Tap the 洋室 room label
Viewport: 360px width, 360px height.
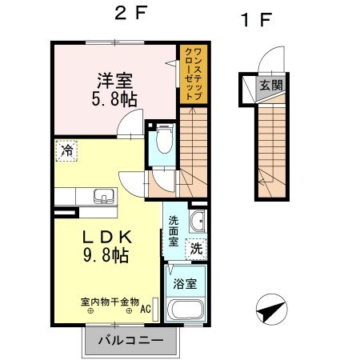[114, 81]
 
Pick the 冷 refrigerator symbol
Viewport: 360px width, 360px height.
[68, 150]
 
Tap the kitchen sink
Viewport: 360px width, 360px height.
[102, 196]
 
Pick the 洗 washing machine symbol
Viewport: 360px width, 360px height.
[196, 249]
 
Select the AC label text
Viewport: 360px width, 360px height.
[146, 309]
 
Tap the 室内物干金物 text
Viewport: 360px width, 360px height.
[110, 302]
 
